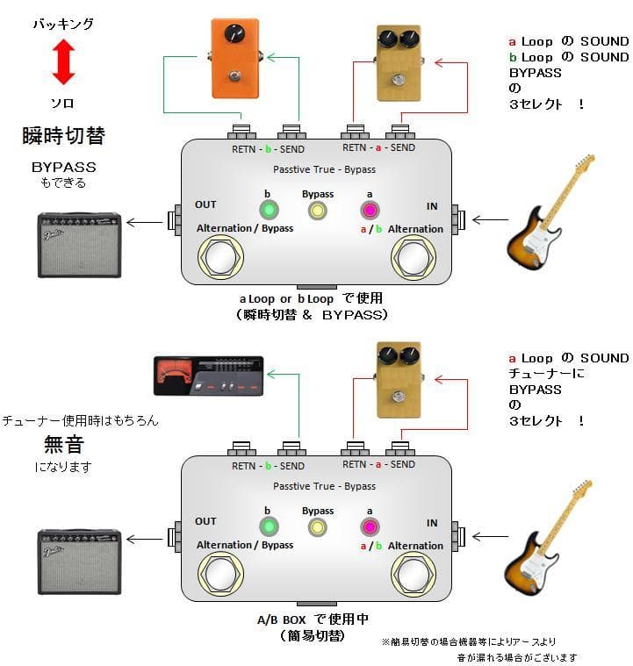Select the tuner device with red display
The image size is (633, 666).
[208, 376]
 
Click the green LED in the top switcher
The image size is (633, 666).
[268, 210]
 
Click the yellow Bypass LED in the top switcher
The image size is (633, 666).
[317, 211]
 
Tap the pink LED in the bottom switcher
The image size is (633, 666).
[369, 526]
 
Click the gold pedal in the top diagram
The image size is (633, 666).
[399, 68]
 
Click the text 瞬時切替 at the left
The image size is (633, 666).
[63, 136]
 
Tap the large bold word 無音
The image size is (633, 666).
[63, 444]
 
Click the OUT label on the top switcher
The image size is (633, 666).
[205, 204]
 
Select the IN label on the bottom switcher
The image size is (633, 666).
[432, 523]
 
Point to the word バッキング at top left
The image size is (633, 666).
[63, 25]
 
